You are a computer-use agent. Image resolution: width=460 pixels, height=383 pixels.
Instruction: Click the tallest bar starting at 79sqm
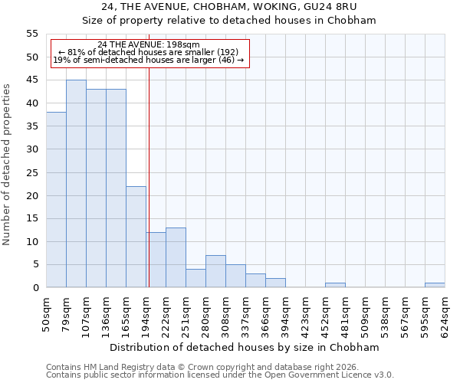(x=76, y=184)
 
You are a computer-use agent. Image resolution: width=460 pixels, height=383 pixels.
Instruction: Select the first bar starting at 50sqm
(x=56, y=200)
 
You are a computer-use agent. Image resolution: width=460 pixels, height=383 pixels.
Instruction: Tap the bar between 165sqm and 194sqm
(x=136, y=237)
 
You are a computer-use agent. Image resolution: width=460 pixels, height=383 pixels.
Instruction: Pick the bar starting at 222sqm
(x=176, y=257)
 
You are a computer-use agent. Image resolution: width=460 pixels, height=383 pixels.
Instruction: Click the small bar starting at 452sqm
(x=335, y=285)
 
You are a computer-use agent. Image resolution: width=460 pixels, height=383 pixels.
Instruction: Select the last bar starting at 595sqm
(x=435, y=285)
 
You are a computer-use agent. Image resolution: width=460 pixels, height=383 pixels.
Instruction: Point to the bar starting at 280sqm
(x=215, y=271)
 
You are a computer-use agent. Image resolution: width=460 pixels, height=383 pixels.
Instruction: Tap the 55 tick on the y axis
(x=32, y=34)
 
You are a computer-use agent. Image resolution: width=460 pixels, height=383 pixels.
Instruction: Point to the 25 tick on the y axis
(x=32, y=172)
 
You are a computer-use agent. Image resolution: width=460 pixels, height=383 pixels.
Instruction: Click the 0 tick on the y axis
(x=35, y=288)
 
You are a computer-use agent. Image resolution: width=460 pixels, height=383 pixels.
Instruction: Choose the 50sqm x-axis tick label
(x=46, y=313)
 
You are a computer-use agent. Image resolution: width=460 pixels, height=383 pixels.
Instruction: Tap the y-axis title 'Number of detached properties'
(x=7, y=165)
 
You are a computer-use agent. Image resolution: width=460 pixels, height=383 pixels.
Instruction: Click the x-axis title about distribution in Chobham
(x=245, y=347)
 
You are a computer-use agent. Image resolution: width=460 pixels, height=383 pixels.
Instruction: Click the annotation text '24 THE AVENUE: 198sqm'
(x=149, y=44)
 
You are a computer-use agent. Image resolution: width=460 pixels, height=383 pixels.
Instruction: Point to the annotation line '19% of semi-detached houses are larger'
(x=149, y=60)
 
